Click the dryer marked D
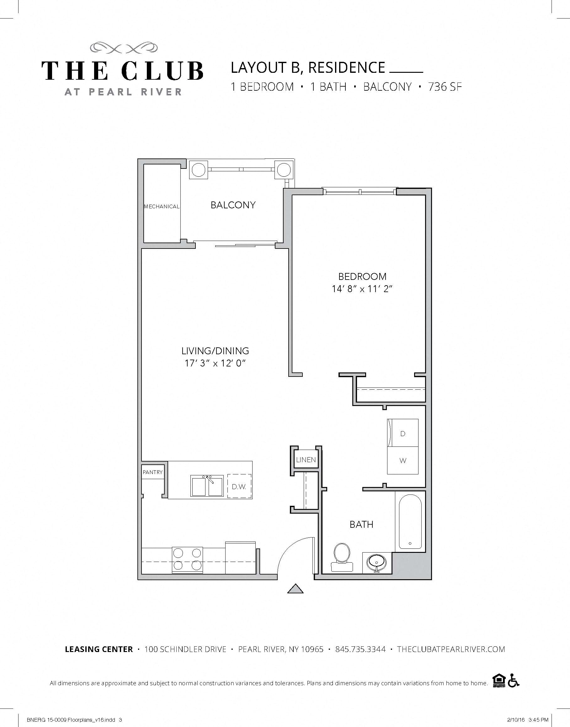click(x=403, y=433)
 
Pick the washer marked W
click(x=403, y=461)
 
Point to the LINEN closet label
click(x=306, y=460)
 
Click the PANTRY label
click(x=153, y=472)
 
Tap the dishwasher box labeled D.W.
click(x=239, y=487)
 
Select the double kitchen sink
click(x=207, y=486)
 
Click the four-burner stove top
click(x=187, y=560)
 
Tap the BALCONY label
click(x=233, y=205)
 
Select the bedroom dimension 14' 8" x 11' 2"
click(x=362, y=289)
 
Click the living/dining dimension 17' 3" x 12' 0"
click(x=215, y=363)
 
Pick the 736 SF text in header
click(x=445, y=87)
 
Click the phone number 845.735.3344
click(x=360, y=649)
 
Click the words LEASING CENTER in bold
click(x=99, y=649)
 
